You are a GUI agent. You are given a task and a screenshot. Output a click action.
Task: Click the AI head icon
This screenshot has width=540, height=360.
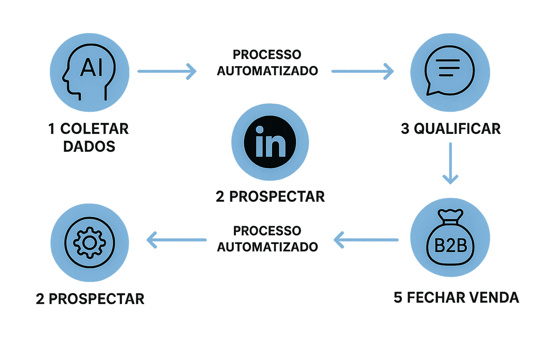pyautogui.click(x=89, y=72)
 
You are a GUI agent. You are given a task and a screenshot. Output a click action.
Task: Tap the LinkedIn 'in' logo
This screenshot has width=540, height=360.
pyautogui.click(x=270, y=142)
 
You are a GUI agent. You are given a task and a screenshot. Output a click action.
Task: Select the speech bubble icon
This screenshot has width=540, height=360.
pyautogui.click(x=450, y=72)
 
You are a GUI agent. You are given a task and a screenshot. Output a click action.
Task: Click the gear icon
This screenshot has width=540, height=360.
pyautogui.click(x=90, y=243)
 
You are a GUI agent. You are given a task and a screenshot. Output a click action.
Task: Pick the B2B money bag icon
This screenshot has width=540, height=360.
pyautogui.click(x=450, y=239)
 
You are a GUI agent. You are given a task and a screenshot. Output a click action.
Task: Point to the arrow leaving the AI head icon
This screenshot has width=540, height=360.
pyautogui.click(x=167, y=71)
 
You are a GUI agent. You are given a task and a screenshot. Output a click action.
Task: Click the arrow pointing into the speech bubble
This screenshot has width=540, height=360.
pyautogui.click(x=362, y=71)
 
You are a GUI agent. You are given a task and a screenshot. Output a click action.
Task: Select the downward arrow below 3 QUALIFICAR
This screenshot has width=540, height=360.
pyautogui.click(x=450, y=163)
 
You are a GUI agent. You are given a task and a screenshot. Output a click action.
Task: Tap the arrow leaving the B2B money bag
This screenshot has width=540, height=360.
pyautogui.click(x=366, y=240)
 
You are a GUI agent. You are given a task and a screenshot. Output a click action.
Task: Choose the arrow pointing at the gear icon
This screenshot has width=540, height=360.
pyautogui.click(x=176, y=240)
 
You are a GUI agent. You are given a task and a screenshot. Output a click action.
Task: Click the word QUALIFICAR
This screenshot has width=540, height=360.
pyautogui.click(x=457, y=129)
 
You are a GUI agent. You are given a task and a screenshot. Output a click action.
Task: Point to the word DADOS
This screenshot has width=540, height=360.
pyautogui.click(x=89, y=147)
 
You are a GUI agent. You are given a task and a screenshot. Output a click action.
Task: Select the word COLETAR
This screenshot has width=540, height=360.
pyautogui.click(x=95, y=129)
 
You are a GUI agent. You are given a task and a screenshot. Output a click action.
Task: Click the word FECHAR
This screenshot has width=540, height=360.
pyautogui.click(x=436, y=297)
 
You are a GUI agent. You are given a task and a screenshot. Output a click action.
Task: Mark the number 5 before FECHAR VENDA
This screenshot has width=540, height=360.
pyautogui.click(x=398, y=297)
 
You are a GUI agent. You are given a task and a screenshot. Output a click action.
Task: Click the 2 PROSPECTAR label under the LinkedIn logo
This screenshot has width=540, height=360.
pyautogui.click(x=270, y=197)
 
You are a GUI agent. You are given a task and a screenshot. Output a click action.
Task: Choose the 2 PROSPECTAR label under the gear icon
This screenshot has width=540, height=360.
pyautogui.click(x=90, y=299)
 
